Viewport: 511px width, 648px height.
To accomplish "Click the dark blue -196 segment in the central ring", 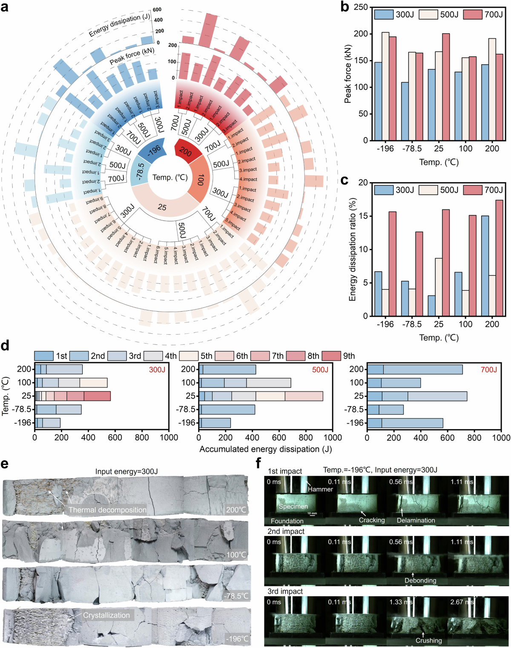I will click(x=152, y=149).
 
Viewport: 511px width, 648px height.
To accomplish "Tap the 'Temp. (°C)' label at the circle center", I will click(x=170, y=177).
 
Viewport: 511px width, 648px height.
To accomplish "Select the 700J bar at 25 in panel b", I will click(x=446, y=87).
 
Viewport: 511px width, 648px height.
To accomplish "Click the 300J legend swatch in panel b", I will click(x=384, y=14).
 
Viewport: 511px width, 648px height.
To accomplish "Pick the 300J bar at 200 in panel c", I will click(x=485, y=266).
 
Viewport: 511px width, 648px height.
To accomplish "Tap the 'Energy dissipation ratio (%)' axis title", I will click(x=352, y=249).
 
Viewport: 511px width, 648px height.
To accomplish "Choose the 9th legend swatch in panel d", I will click(x=331, y=356).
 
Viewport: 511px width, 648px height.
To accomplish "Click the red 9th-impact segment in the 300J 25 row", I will click(x=97, y=396).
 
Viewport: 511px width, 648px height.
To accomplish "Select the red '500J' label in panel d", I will click(x=320, y=370).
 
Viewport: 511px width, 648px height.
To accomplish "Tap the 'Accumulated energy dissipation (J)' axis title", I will click(x=265, y=449).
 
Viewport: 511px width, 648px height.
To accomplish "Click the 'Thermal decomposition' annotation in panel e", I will click(x=107, y=510).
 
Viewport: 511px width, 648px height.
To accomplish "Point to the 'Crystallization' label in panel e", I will click(x=106, y=615).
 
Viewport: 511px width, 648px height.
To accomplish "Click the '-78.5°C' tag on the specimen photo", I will click(x=235, y=596).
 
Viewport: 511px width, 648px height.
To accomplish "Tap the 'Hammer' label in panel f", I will click(x=320, y=489).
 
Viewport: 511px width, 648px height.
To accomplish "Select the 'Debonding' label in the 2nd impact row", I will click(x=420, y=580).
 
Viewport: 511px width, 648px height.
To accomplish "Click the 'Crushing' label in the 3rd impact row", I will click(x=429, y=640).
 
